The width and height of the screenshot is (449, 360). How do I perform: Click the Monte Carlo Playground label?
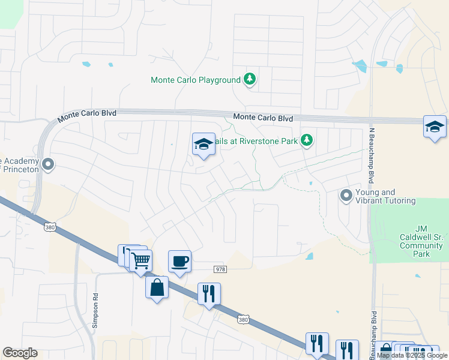tap(196, 80)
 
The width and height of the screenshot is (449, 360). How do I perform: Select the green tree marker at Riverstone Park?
tap(307, 140)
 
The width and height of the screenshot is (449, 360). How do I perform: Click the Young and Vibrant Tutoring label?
tap(385, 196)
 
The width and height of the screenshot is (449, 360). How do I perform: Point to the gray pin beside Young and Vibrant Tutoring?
tap(346, 195)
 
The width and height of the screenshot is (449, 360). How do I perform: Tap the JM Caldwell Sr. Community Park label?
tap(421, 241)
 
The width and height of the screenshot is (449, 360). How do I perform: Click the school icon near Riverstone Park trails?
tap(203, 144)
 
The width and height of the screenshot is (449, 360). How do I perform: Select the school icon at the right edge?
tap(435, 127)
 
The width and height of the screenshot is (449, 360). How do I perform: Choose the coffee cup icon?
tap(179, 262)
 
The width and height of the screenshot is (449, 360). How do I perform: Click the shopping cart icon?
tap(140, 261)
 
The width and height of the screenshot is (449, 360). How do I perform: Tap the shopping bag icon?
tap(157, 287)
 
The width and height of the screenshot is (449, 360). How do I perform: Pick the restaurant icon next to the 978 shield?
tap(208, 294)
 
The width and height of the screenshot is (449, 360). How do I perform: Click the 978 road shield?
tap(220, 269)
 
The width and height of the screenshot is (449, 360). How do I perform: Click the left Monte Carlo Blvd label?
tap(87, 116)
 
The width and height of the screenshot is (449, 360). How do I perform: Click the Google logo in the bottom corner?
tap(20, 353)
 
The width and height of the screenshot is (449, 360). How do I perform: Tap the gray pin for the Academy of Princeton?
tap(49, 163)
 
